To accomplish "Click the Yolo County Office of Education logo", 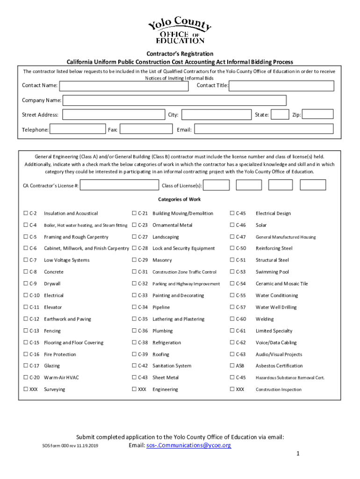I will (180, 30).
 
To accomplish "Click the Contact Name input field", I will (124, 86).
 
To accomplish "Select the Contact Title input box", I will (281, 86).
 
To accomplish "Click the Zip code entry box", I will (318, 115).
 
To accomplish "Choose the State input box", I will (280, 115).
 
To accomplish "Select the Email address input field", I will (264, 129).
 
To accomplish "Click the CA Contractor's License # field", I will (119, 186).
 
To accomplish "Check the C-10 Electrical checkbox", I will (26, 296).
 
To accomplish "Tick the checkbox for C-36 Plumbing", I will (135, 331).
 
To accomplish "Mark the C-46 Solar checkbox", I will (232, 225).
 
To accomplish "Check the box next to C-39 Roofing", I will (135, 355).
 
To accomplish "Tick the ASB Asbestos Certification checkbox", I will (232, 366).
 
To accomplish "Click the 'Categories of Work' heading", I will (180, 199).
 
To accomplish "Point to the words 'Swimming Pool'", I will (272, 272).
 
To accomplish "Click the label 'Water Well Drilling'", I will (276, 307).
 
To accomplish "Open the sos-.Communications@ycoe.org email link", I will (188, 445).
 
